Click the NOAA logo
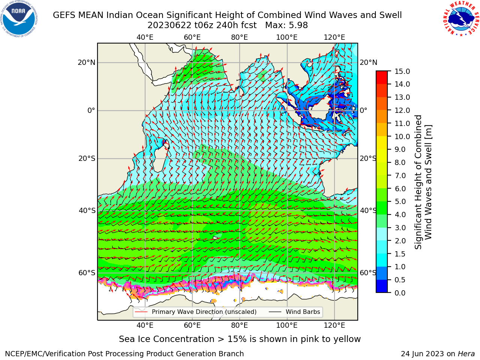point(19,19)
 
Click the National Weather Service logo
point(461,19)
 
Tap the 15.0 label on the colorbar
point(402,72)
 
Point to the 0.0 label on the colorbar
point(400,293)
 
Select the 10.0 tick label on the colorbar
point(402,136)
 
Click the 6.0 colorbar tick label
point(400,189)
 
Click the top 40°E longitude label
point(145,37)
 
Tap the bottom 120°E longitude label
point(334,325)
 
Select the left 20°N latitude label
point(87,63)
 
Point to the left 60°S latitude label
point(87,273)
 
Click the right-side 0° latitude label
point(363,110)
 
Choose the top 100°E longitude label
point(287,37)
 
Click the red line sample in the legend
point(141,312)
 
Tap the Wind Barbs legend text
point(303,312)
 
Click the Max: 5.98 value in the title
point(286,25)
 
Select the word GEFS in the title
point(64,15)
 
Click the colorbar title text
point(423,182)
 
